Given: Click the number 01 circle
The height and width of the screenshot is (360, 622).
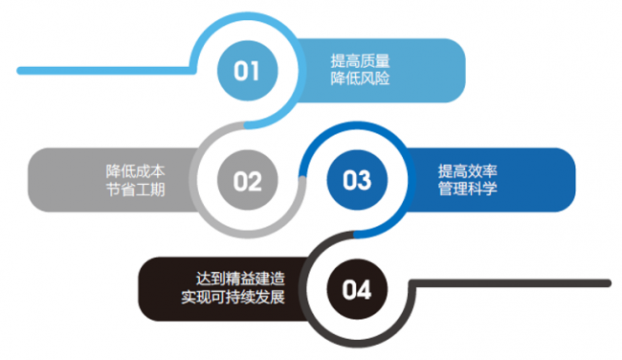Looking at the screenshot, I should [x=248, y=70].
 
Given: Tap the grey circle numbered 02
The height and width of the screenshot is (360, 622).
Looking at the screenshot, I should [x=247, y=180].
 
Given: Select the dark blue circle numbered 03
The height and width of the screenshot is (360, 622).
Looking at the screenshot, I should [x=356, y=180].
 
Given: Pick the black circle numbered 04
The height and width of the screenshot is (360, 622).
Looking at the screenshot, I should [x=356, y=288].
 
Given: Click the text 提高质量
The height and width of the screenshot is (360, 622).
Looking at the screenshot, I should [x=360, y=60].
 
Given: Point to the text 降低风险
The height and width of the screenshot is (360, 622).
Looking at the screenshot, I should [x=360, y=79].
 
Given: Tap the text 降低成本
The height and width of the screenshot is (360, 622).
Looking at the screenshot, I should [x=135, y=170].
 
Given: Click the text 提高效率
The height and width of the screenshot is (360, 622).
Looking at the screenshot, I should [x=468, y=170].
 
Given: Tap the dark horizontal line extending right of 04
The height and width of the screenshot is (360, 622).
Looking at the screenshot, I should [x=517, y=282].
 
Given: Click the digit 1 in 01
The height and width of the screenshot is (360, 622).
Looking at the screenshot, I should [x=255, y=70].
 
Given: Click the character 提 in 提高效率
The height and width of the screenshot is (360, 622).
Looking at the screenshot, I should [x=445, y=170].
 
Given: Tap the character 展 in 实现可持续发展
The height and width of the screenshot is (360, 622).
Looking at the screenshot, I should [x=282, y=298].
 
